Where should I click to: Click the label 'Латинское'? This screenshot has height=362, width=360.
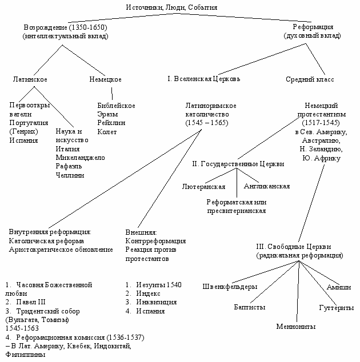click(x=30, y=79)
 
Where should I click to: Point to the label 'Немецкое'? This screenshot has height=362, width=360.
click(x=105, y=79)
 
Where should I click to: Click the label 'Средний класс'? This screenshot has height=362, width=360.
click(x=310, y=79)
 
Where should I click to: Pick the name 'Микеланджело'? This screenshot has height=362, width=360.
click(x=80, y=158)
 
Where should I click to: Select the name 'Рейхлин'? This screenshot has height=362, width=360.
click(x=111, y=123)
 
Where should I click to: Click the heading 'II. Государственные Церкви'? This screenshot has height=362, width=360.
click(x=238, y=164)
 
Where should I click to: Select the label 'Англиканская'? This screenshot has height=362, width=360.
click(x=266, y=186)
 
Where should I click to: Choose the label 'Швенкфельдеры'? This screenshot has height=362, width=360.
click(x=230, y=286)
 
